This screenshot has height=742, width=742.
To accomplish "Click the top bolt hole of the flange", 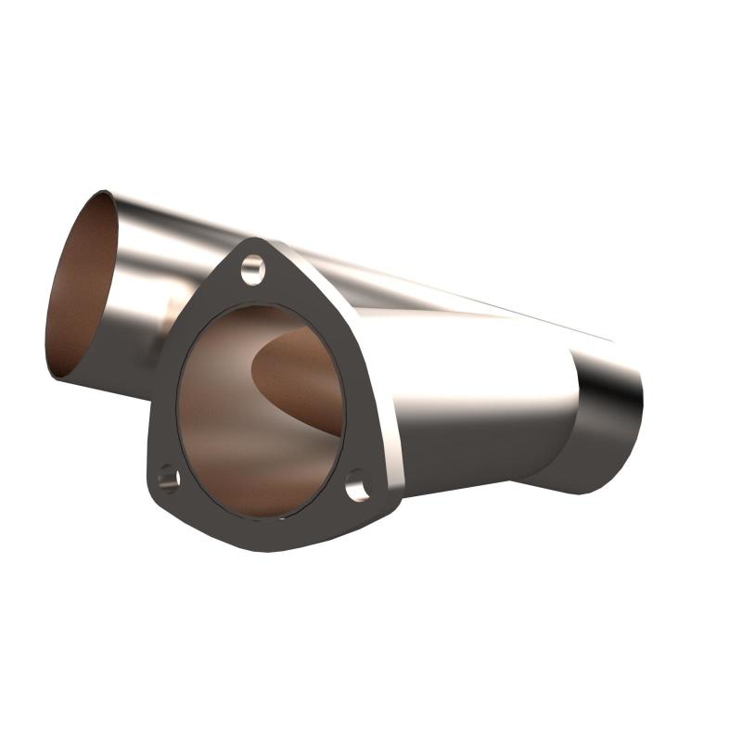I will point(252,270).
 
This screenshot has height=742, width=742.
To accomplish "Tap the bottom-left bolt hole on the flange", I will point(168,479).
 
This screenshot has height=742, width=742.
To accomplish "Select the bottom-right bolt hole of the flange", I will point(357,485).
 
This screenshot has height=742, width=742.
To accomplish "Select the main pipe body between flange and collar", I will point(464,408).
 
